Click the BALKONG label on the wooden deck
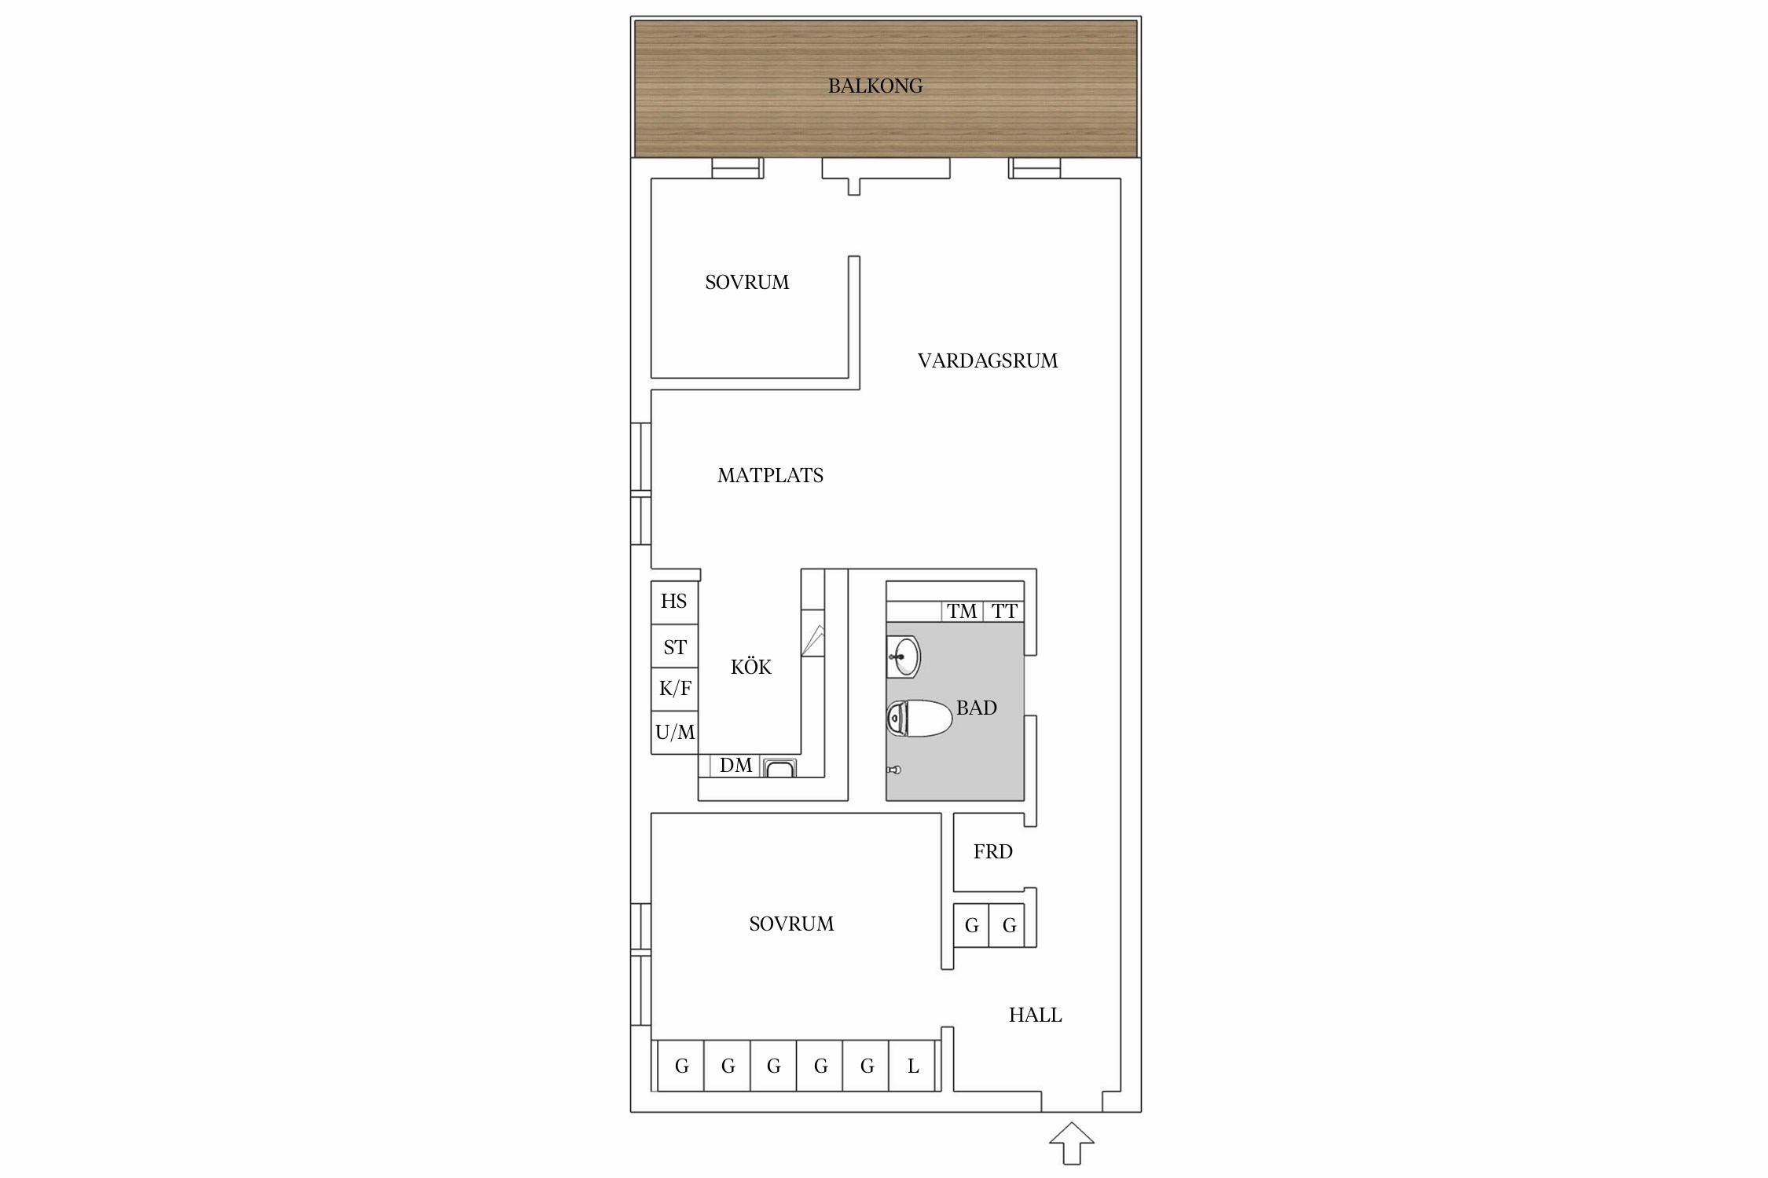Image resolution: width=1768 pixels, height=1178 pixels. click(875, 86)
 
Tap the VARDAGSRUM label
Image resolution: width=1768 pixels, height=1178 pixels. click(988, 360)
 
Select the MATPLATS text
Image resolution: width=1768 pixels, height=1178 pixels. click(770, 475)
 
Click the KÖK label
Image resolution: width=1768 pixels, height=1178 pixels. click(751, 667)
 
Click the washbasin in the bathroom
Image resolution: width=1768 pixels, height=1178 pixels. click(904, 657)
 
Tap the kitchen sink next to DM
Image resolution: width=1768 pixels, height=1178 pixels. click(779, 767)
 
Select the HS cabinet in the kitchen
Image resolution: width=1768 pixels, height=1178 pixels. click(674, 602)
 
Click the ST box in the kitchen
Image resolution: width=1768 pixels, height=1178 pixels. click(674, 646)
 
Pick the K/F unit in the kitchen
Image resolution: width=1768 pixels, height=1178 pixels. click(674, 690)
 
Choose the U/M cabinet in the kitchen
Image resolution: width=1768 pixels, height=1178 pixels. click(674, 733)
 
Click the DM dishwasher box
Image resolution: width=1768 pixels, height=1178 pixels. click(735, 766)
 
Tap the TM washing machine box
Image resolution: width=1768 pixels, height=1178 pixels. click(962, 611)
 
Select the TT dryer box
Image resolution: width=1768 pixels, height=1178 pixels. click(1003, 611)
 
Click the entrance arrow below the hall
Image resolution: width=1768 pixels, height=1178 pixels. click(1072, 1143)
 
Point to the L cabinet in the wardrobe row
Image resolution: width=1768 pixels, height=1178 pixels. click(912, 1066)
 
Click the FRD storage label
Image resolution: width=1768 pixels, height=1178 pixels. click(993, 851)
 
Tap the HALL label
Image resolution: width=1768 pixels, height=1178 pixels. click(1035, 1015)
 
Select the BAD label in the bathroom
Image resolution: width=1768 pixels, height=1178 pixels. click(977, 708)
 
